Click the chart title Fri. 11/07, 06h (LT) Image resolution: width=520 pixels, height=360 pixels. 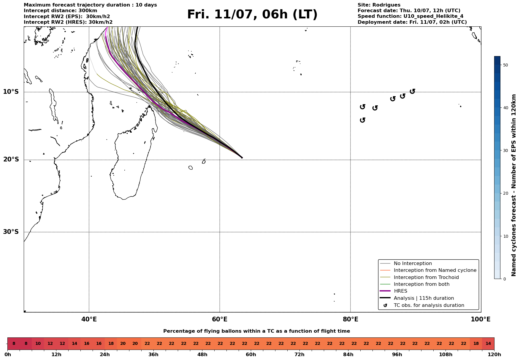pos(252,15)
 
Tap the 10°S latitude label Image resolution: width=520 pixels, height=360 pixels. pos(11,92)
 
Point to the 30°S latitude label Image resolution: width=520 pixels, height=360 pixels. pos(11,232)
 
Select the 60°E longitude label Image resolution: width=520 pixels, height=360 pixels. pos(220,319)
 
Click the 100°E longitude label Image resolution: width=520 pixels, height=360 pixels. pos(481,319)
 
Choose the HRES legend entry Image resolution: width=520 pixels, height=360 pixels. pos(400,291)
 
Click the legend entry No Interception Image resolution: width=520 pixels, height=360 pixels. pos(413,264)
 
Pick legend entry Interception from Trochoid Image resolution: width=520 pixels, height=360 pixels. pos(426,277)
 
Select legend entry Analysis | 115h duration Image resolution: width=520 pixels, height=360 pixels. pos(424,298)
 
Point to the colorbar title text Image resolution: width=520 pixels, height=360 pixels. pos(514,185)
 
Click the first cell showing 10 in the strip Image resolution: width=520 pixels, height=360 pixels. pos(38,344)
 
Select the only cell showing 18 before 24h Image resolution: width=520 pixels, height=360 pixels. pos(111,344)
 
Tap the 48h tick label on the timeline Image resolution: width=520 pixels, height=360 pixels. pos(202,355)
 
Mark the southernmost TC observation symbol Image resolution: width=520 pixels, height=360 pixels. pos(362,120)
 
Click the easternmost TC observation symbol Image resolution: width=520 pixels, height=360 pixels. pos(412,91)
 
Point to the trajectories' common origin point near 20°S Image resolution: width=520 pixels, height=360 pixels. pos(242,158)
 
